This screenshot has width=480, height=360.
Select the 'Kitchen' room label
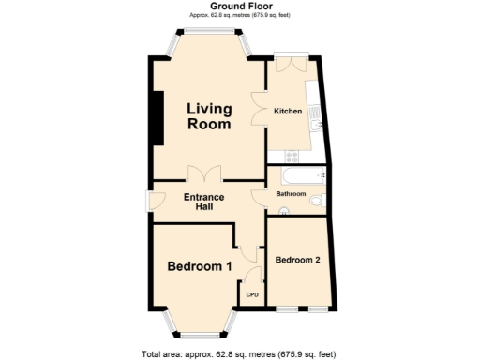point(288,112)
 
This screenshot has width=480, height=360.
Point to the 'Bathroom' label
point(291,194)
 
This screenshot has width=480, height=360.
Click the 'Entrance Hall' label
point(203,202)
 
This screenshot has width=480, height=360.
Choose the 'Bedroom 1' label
point(200,266)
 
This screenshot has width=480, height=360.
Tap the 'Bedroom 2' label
point(298,260)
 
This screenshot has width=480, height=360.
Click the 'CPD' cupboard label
point(252,294)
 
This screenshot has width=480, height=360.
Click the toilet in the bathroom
point(317,200)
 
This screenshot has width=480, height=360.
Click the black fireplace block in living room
point(157,117)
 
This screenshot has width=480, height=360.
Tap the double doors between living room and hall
point(204,174)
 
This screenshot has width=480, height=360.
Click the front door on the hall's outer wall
point(147,200)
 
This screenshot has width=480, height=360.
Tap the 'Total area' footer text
point(238,353)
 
